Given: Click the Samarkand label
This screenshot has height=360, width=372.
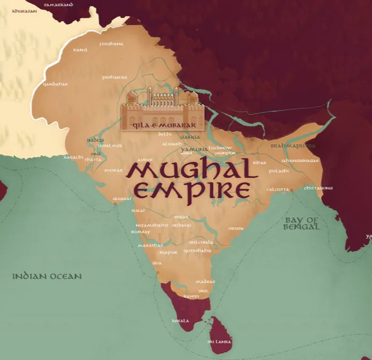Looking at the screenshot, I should pos(59,4).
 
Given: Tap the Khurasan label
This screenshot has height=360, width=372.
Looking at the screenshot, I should pos(22,10).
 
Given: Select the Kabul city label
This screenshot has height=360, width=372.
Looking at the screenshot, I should pos(80,50).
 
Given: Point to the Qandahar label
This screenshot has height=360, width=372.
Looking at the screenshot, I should pos(56,84).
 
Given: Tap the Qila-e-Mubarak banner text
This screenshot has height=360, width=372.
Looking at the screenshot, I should pos(163,126).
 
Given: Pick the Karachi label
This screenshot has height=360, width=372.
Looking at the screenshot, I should pos(74,157).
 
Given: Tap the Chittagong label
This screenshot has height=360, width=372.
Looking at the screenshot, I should pos(318,188).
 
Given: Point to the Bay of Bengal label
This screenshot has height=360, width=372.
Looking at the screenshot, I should pos(302,223).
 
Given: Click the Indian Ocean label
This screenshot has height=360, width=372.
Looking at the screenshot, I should pos(48,276).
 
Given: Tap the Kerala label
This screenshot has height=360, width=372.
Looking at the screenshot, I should pos(180,321).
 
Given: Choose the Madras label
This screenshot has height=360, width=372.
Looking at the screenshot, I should pos(205,282).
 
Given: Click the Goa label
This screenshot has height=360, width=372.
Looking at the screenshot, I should pos(156,263).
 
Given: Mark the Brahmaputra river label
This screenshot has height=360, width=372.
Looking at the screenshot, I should pos(292,146).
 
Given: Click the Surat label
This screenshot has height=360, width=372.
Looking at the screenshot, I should pos(138,211).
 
